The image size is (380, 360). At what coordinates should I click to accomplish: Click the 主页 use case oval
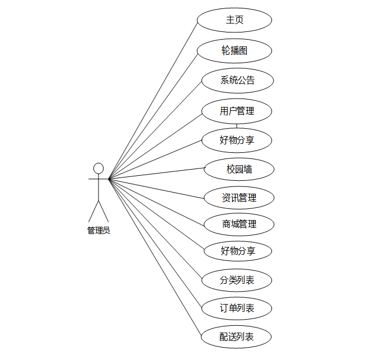click(x=234, y=20)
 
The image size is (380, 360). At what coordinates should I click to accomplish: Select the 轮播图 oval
click(x=234, y=51)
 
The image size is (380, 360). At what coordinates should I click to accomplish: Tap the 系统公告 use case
click(x=237, y=81)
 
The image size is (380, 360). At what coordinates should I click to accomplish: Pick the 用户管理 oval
click(x=237, y=111)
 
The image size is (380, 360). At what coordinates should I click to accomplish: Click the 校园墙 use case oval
click(x=239, y=169)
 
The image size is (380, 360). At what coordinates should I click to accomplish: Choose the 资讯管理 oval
click(x=239, y=198)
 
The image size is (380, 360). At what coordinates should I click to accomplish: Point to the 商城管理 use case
click(x=239, y=225)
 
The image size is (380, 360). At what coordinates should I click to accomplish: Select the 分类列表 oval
click(x=237, y=280)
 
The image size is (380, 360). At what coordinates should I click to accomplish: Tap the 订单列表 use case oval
click(x=237, y=308)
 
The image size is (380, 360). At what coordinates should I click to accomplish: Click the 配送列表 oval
click(x=237, y=337)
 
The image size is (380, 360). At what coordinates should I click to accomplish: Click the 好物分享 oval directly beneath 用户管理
click(x=237, y=140)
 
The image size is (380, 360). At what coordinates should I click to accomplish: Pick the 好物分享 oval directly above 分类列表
click(x=238, y=251)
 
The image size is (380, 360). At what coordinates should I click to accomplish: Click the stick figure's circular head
click(x=98, y=169)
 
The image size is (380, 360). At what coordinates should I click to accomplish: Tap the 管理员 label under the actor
click(x=98, y=230)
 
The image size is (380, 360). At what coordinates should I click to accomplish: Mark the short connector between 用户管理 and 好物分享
click(x=237, y=125)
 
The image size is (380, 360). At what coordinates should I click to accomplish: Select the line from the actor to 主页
click(x=153, y=101)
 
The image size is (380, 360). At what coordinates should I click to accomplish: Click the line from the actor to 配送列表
click(x=155, y=259)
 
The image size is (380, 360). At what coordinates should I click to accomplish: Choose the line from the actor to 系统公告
click(x=155, y=130)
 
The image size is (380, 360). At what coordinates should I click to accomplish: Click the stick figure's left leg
click(x=93, y=211)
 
